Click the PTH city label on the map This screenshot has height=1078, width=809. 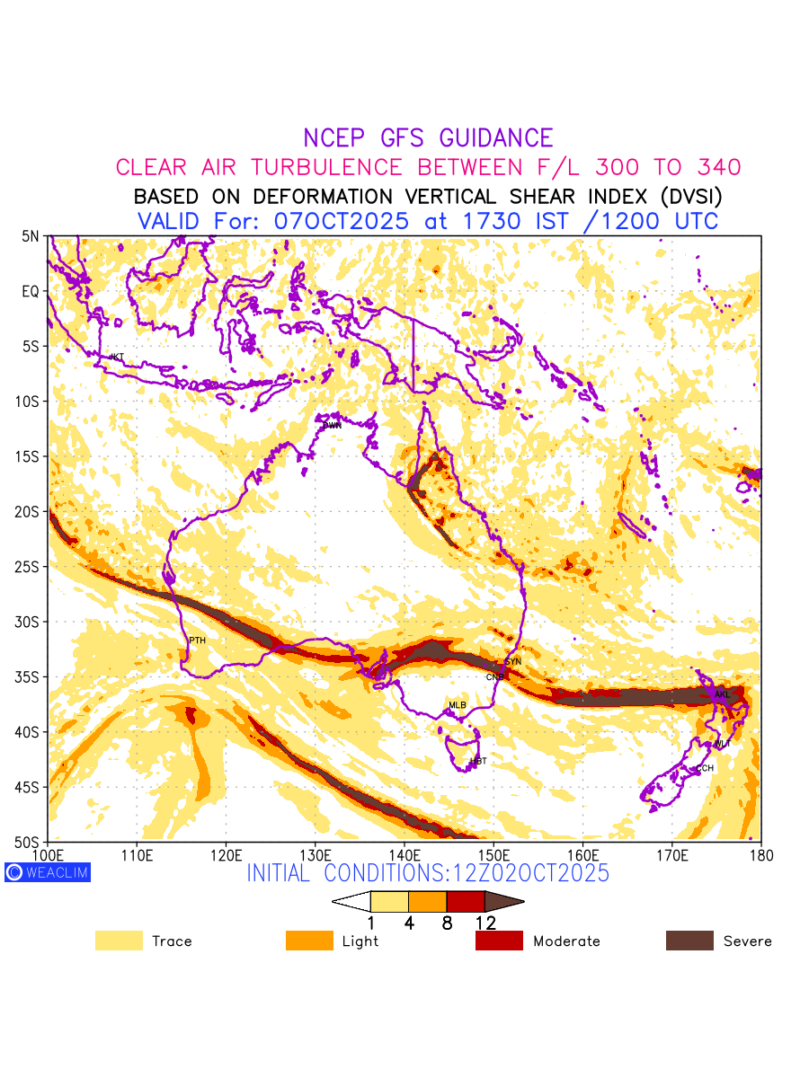[197, 641]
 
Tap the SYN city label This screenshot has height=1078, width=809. [512, 662]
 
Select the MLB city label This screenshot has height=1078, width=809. [458, 705]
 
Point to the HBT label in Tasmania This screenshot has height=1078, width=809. [478, 762]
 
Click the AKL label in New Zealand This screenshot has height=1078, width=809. [722, 694]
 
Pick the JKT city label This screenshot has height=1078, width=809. [116, 358]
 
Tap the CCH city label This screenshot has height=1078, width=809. [705, 769]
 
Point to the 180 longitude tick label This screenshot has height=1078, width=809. [760, 854]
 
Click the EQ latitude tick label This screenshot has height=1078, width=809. [31, 291]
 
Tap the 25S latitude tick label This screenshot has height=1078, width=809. [29, 567]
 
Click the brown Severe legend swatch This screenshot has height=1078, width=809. [689, 941]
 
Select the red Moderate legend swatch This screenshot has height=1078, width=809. [499, 941]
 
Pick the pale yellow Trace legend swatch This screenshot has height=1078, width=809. [119, 941]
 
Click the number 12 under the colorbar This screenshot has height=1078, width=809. [485, 923]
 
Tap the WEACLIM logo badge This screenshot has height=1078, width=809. [48, 872]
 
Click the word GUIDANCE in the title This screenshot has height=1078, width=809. [496, 138]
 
